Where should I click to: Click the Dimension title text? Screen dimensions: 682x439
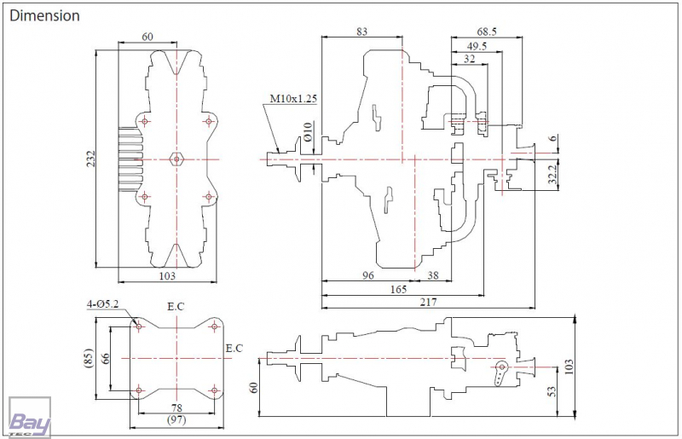45,15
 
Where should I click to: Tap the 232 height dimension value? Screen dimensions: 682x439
90,159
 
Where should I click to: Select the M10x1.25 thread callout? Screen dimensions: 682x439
293,99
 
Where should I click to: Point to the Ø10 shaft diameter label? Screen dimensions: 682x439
308,131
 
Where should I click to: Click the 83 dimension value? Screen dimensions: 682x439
361,32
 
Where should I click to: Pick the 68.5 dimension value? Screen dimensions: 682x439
487,32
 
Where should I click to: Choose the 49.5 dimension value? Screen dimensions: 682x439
477,46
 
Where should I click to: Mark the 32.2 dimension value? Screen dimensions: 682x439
552,174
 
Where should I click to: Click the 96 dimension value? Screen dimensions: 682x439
368,275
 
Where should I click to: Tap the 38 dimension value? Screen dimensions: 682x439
433,275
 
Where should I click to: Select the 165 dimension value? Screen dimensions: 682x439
398,289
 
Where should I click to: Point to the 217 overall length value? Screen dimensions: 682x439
429,302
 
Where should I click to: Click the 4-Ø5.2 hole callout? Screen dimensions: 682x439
102,304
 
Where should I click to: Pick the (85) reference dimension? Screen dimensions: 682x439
89,358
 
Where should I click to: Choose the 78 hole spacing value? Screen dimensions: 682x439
176,408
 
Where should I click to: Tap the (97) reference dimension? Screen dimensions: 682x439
176,420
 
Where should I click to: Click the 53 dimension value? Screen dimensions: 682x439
552,391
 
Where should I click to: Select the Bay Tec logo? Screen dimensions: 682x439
30,417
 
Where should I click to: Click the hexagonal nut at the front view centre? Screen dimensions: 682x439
176,159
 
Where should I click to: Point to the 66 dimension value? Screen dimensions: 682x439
105,359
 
